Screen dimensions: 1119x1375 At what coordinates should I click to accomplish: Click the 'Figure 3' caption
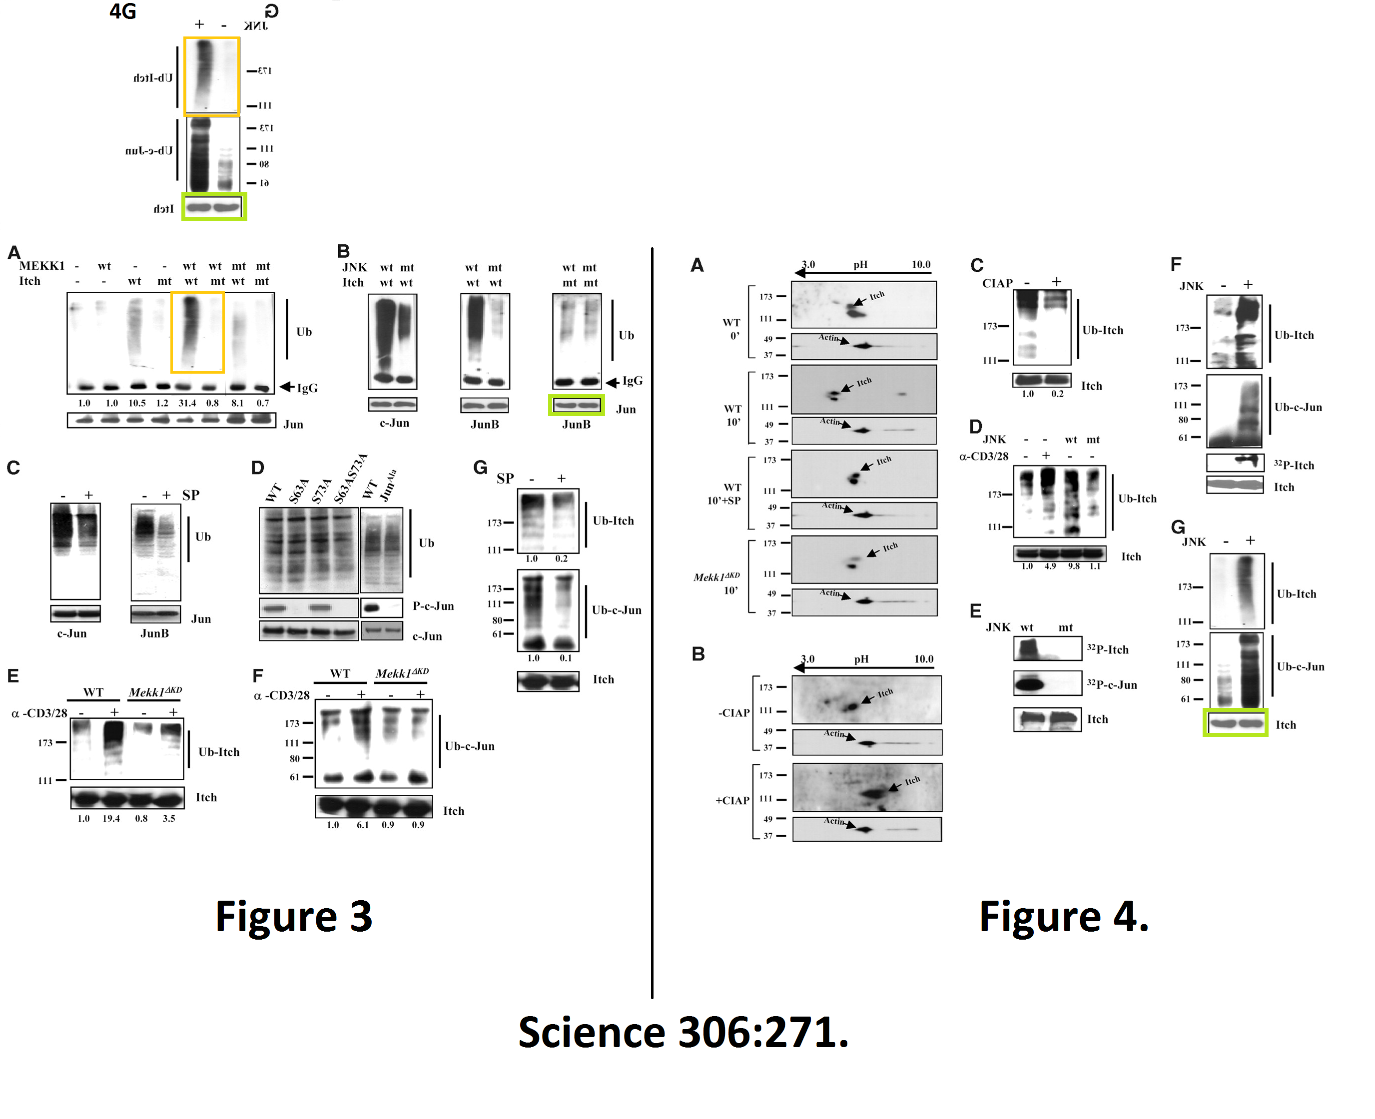tap(293, 916)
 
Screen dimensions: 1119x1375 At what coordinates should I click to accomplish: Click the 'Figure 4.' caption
tap(1063, 916)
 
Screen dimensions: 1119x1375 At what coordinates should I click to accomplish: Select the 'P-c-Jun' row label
tap(433, 606)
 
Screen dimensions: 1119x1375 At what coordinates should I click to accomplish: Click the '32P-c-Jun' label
tap(1112, 684)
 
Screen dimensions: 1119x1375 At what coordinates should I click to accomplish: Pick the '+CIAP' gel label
tap(733, 801)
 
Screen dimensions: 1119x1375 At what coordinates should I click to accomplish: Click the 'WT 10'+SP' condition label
tap(724, 494)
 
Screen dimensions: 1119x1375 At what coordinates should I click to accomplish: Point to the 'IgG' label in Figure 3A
tap(307, 388)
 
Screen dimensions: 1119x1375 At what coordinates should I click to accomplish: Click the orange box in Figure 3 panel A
tap(197, 333)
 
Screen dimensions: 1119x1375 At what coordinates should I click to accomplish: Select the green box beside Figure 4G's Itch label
tap(1235, 722)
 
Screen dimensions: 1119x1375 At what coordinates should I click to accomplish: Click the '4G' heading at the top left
tap(122, 11)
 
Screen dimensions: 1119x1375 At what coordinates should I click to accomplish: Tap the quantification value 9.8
tap(1073, 566)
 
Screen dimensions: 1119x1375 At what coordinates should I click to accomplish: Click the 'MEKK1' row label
tap(42, 266)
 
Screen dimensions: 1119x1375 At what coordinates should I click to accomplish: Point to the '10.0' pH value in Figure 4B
tap(924, 659)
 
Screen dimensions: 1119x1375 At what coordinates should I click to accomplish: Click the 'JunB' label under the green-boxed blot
tap(576, 424)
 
